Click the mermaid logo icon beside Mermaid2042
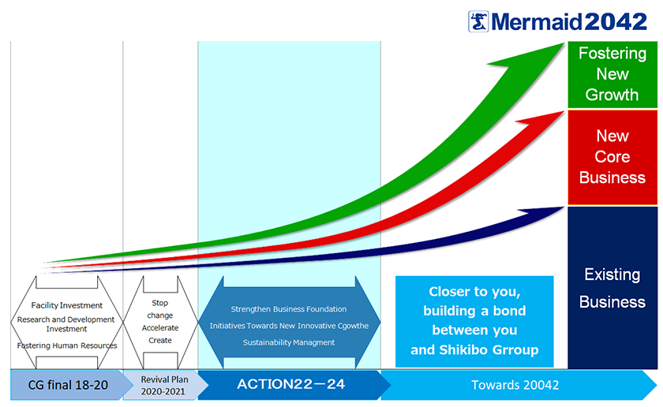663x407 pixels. tap(478, 21)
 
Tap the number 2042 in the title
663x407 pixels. tap(616, 21)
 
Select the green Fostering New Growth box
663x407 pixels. tap(612, 75)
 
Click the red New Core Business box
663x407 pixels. tap(612, 157)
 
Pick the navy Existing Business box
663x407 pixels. tap(612, 288)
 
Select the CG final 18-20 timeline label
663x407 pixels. tap(68, 385)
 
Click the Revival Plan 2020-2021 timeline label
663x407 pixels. tap(164, 386)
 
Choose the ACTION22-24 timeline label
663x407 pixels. tap(291, 384)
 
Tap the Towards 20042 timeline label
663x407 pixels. tap(515, 385)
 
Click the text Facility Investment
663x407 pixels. tap(67, 305)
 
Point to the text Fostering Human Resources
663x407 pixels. tap(67, 345)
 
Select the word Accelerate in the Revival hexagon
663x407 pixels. tap(160, 328)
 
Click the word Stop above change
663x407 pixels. tap(160, 303)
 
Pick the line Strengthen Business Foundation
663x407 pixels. tap(289, 309)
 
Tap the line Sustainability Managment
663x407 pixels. tap(289, 342)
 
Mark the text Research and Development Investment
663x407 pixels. tap(66, 324)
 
